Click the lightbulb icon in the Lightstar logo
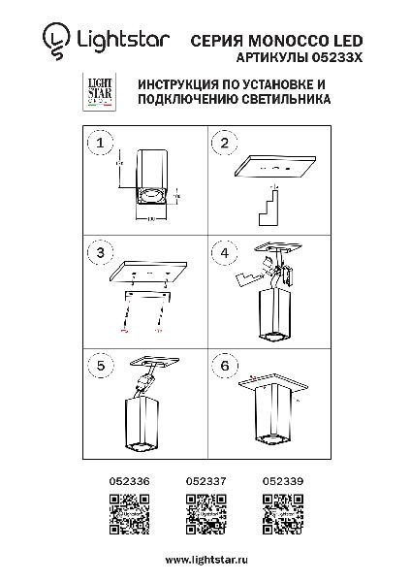(x=56, y=41)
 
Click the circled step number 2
(x=224, y=145)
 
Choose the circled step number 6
(x=224, y=366)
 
